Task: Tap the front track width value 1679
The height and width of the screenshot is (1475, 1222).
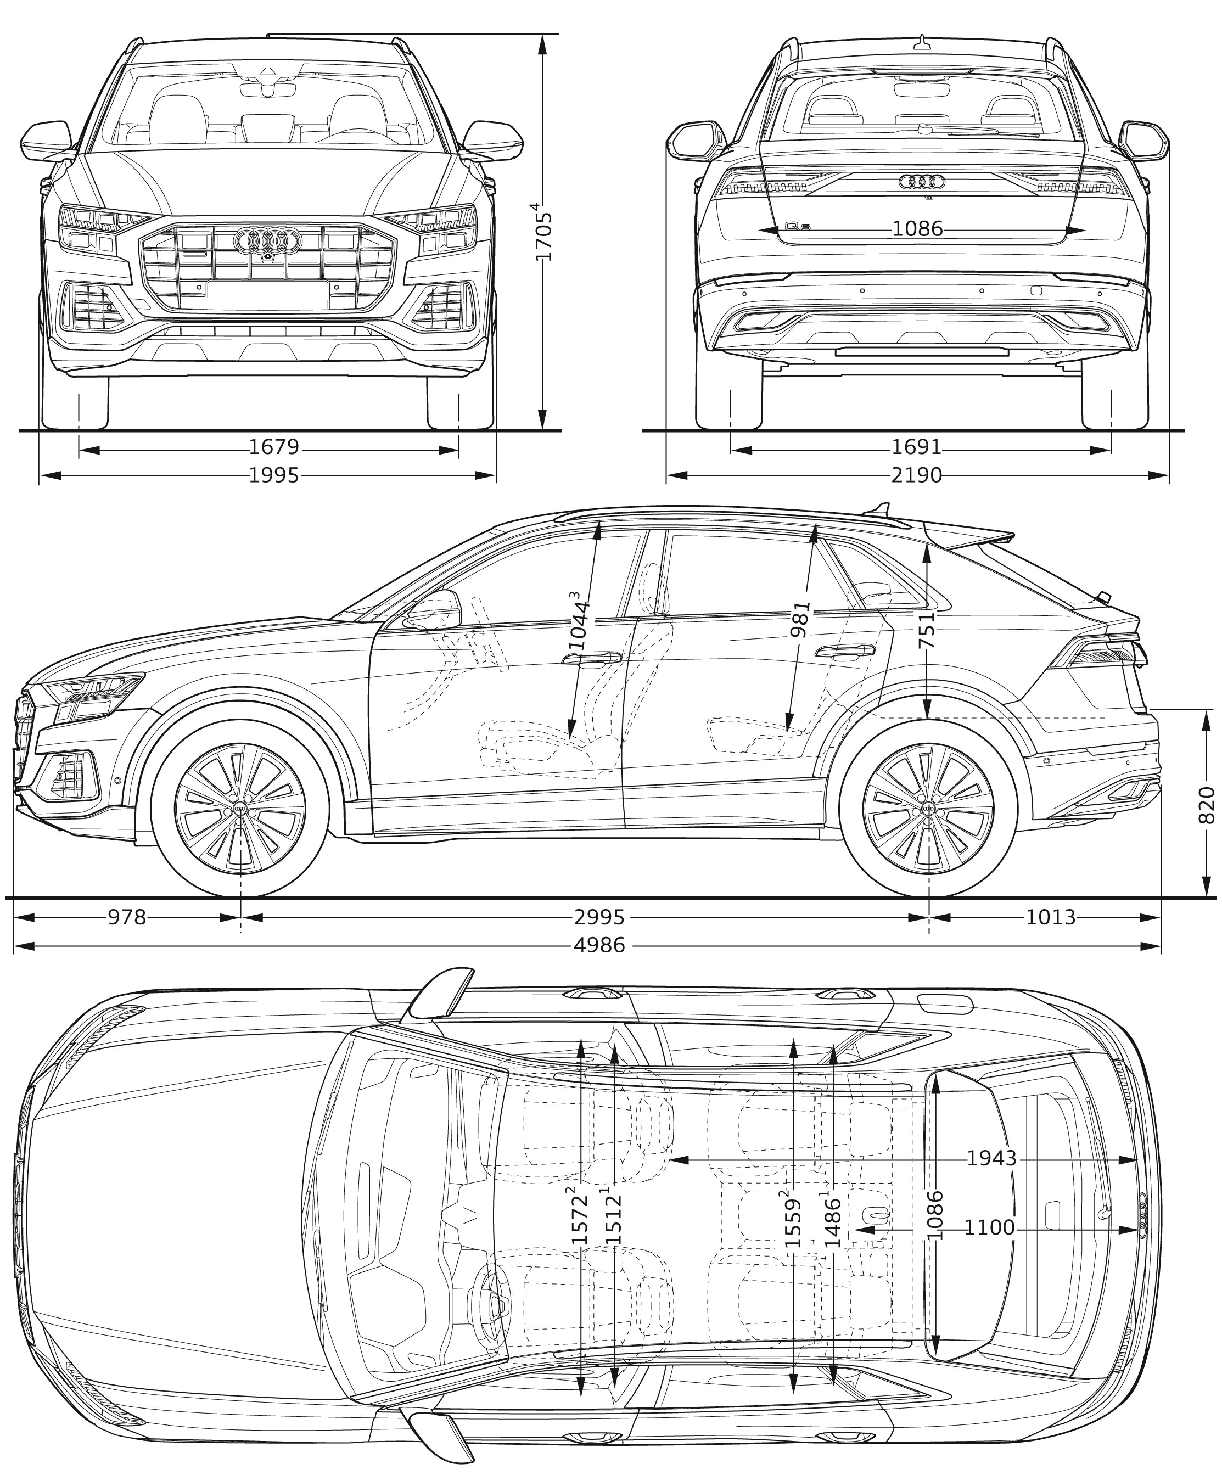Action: click(x=274, y=447)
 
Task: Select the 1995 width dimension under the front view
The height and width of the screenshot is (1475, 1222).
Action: click(x=274, y=475)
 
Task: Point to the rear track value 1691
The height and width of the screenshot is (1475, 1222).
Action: click(x=917, y=447)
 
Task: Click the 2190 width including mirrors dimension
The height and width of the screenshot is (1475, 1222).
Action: click(x=917, y=475)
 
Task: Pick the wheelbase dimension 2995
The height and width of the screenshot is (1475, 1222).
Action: click(x=599, y=917)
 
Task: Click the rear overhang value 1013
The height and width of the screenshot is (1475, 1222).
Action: click(x=1051, y=917)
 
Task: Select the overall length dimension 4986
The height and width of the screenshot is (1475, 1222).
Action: click(x=599, y=945)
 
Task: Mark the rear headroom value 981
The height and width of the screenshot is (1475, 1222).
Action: click(x=800, y=619)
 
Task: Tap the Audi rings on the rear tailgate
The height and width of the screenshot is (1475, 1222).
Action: click(x=921, y=182)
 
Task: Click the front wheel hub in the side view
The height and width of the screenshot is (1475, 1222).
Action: click(x=240, y=811)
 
